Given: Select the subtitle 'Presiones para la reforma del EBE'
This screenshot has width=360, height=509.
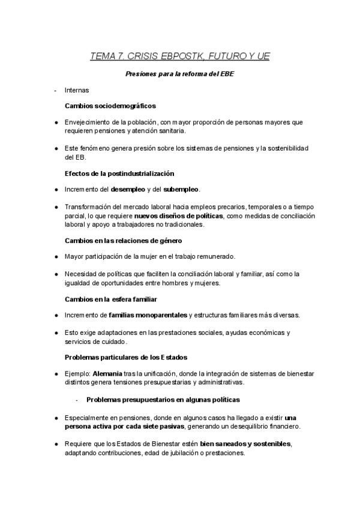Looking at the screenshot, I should click(180, 74).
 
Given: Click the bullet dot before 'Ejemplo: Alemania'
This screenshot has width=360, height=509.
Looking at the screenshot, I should click(56, 374).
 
